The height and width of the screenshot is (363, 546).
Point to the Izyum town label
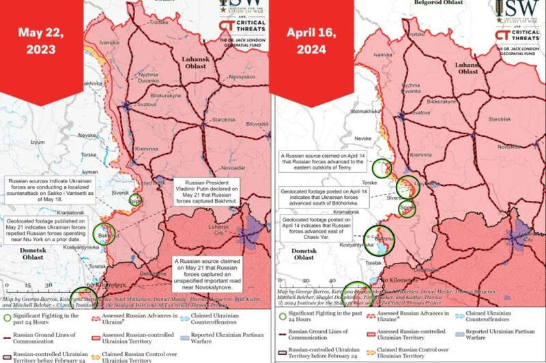[x=37, y=142]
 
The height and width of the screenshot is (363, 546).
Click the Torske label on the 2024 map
[x=361, y=183]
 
